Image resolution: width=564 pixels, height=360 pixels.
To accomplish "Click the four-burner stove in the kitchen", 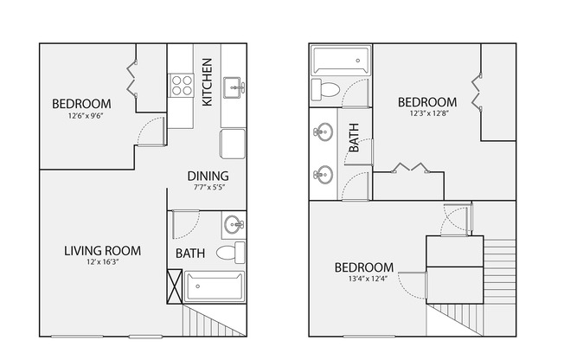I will pyautogui.click(x=181, y=86).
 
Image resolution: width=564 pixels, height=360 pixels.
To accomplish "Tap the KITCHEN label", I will pyautogui.click(x=208, y=82).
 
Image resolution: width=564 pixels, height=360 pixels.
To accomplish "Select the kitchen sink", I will pyautogui.click(x=234, y=87).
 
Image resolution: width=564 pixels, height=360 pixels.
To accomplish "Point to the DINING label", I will pyautogui.click(x=208, y=177).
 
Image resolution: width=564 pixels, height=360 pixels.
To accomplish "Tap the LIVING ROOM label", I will pyautogui.click(x=102, y=251).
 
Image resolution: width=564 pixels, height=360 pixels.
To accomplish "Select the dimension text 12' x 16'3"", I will pyautogui.click(x=102, y=263).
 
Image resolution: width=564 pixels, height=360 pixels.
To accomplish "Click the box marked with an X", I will pyautogui.click(x=175, y=285).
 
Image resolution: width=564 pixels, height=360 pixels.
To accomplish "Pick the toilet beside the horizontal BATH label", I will pyautogui.click(x=229, y=254).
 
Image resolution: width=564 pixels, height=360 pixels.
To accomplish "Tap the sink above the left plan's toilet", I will pyautogui.click(x=234, y=227).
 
